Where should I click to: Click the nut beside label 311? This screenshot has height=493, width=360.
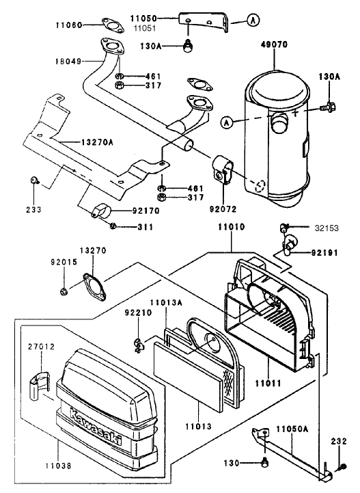click(113, 226)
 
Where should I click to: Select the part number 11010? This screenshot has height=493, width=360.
click(231, 226)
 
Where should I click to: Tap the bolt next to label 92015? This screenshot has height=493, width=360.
click(64, 292)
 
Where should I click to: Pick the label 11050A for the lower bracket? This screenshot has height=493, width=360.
click(292, 429)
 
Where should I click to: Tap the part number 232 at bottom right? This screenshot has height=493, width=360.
click(339, 440)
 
